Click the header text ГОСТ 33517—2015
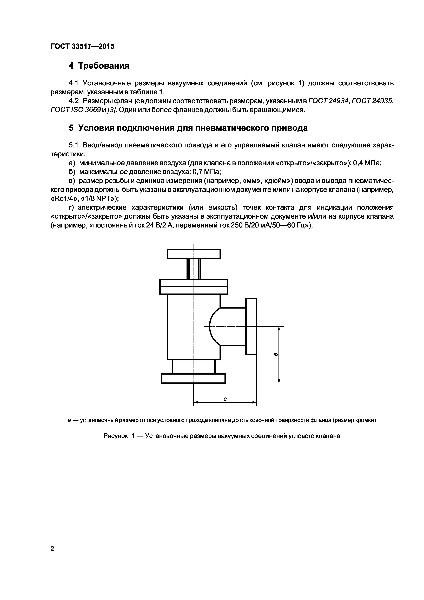click(x=83, y=47)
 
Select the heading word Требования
click(x=104, y=66)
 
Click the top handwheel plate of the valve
click(x=194, y=254)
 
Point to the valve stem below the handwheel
click(x=194, y=269)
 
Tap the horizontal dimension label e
click(x=225, y=399)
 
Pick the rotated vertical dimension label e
click(x=276, y=354)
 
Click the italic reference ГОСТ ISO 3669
click(x=76, y=110)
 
